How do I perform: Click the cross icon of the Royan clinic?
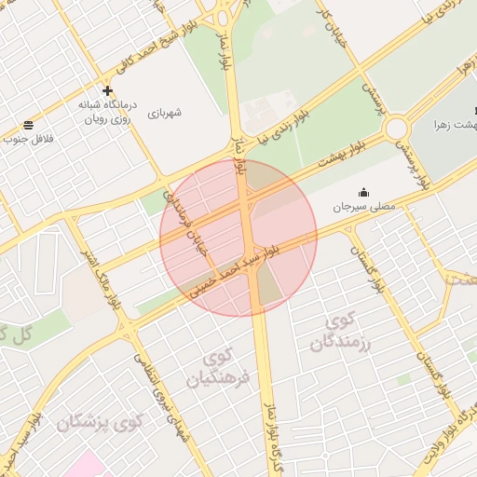tap(108, 91)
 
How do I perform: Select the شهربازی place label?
tap(164, 113)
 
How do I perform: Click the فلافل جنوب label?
tap(30, 139)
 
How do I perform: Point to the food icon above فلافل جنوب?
tap(30, 125)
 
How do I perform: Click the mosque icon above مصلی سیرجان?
tap(363, 192)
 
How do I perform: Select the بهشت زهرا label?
tap(456, 124)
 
